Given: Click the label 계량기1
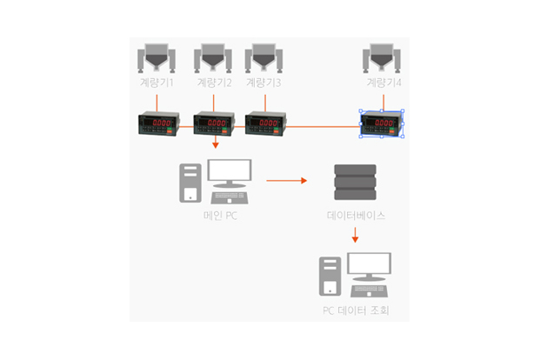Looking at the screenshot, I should pos(157,83).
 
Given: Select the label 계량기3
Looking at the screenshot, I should pos(263,83).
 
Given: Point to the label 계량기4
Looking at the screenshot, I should pos(383,83).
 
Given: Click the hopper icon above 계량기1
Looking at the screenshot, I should pos(157,58).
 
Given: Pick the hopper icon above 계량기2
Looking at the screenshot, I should pos(214,58).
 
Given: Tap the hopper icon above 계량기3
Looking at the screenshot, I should pos(264,58).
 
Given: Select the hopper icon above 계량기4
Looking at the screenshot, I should pos(383,58).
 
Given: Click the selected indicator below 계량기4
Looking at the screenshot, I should pos(383,124).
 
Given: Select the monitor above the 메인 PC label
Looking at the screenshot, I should pos(230,175).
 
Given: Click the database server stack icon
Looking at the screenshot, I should pos(355,182).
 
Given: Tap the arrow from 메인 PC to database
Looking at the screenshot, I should pos(287,181).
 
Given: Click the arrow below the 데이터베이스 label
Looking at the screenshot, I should pos(355,236).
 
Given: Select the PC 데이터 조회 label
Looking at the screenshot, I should pos(355,310).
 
